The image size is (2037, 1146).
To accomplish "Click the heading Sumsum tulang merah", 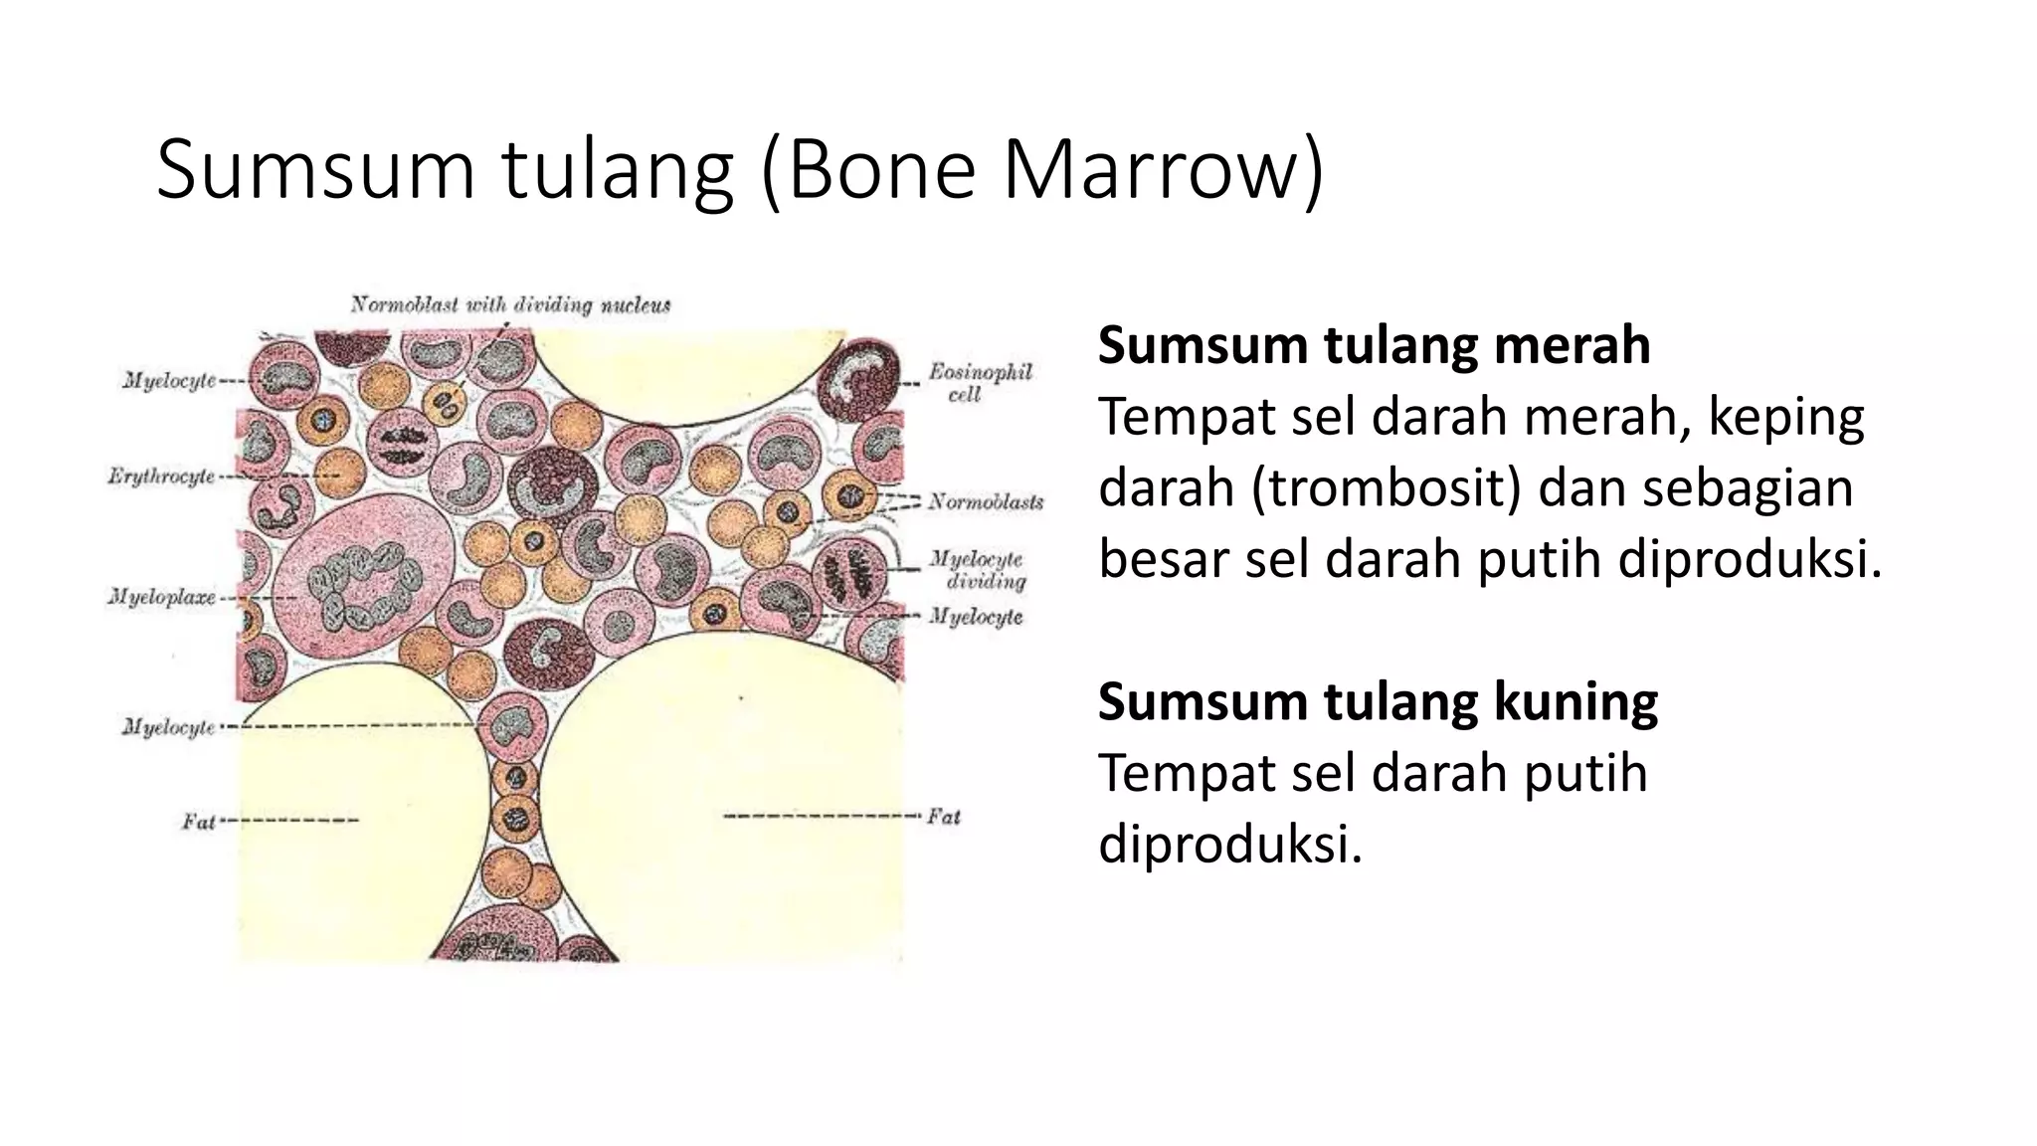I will pos(1374,346).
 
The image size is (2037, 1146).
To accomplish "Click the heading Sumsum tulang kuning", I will pos(1378,702).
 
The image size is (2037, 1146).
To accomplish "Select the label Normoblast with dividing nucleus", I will pos(510,304).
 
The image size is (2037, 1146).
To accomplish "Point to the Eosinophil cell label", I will pos(979,383).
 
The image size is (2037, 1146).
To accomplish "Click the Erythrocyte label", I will pos(161,477).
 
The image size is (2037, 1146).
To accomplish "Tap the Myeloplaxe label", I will pos(161,598).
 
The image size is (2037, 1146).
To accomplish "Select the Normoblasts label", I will pos(985,501).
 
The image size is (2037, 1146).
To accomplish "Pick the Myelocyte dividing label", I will pos(977,570).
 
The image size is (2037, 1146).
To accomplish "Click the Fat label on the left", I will pos(198,822).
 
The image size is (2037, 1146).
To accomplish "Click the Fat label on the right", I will pos(943,817).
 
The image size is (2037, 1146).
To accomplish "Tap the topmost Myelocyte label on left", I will pos(169,381).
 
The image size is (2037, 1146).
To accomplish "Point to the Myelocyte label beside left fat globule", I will pos(168,727).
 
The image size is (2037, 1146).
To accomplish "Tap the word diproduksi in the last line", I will pos(1229,845).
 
